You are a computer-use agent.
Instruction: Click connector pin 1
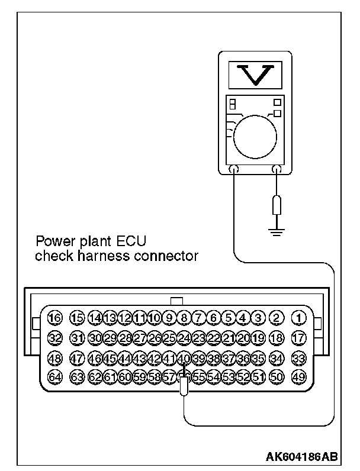coord(299,318)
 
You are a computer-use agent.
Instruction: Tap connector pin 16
coord(55,318)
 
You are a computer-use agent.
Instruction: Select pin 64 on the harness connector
coord(55,376)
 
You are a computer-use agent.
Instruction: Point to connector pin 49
coord(299,376)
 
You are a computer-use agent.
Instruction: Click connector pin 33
coord(299,357)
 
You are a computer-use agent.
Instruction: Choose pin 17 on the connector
coord(299,337)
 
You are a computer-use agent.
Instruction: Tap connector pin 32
coord(55,337)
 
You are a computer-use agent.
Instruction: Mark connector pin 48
coord(55,357)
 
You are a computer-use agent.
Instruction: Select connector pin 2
coord(276,318)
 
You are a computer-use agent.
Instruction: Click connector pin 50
coord(276,376)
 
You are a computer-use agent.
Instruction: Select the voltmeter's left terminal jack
coord(234,170)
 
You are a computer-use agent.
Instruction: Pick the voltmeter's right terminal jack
coord(276,170)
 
